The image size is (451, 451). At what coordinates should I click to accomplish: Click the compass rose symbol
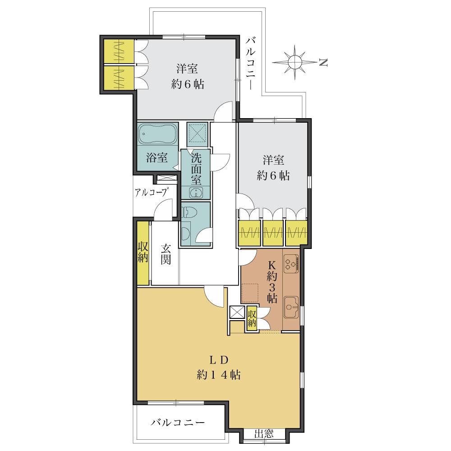pos(294,62)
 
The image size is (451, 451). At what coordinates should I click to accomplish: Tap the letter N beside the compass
pos(323,63)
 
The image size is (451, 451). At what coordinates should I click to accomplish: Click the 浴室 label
pos(157,158)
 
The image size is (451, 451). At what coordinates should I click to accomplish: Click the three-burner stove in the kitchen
pos(291,263)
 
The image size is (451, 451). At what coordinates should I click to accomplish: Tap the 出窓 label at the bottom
pos(264,434)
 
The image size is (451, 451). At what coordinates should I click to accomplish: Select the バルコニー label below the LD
pos(178,423)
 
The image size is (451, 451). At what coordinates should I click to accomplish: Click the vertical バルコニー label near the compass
pos(251,63)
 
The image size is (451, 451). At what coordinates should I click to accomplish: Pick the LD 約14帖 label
pos(218,368)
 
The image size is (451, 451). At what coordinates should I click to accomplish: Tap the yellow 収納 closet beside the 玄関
pos(143,253)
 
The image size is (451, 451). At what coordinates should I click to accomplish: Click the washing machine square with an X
pos(196,133)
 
